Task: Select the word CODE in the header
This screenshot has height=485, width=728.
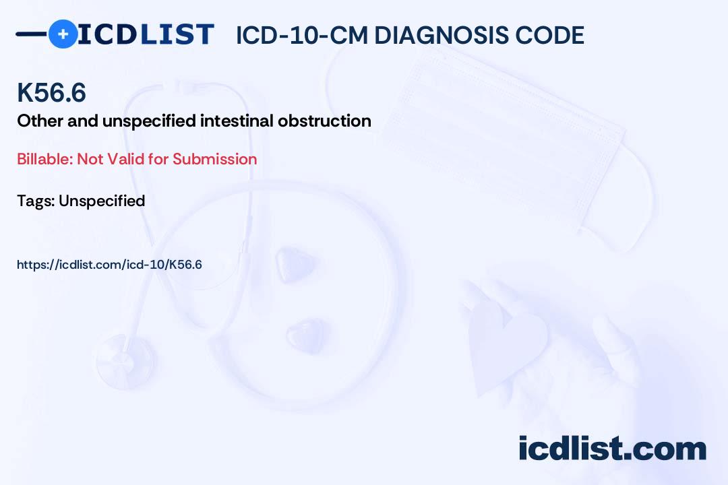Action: [553, 35]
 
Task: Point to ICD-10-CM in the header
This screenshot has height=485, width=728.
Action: [302, 35]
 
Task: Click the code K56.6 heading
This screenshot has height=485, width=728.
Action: [51, 93]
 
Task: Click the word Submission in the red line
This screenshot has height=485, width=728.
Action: [215, 160]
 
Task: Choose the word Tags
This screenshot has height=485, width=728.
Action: [34, 201]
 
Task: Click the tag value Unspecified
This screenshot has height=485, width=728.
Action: [102, 201]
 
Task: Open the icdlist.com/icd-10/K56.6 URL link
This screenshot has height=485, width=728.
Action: [109, 265]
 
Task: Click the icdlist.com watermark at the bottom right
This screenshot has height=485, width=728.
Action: [612, 448]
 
